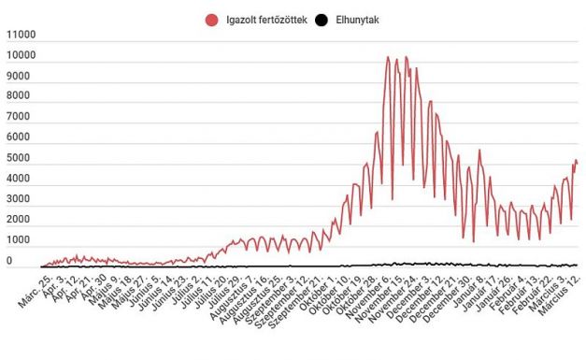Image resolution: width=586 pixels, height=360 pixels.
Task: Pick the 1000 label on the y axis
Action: click(19, 245)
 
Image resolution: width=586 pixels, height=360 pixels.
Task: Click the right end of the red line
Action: click(578, 164)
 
